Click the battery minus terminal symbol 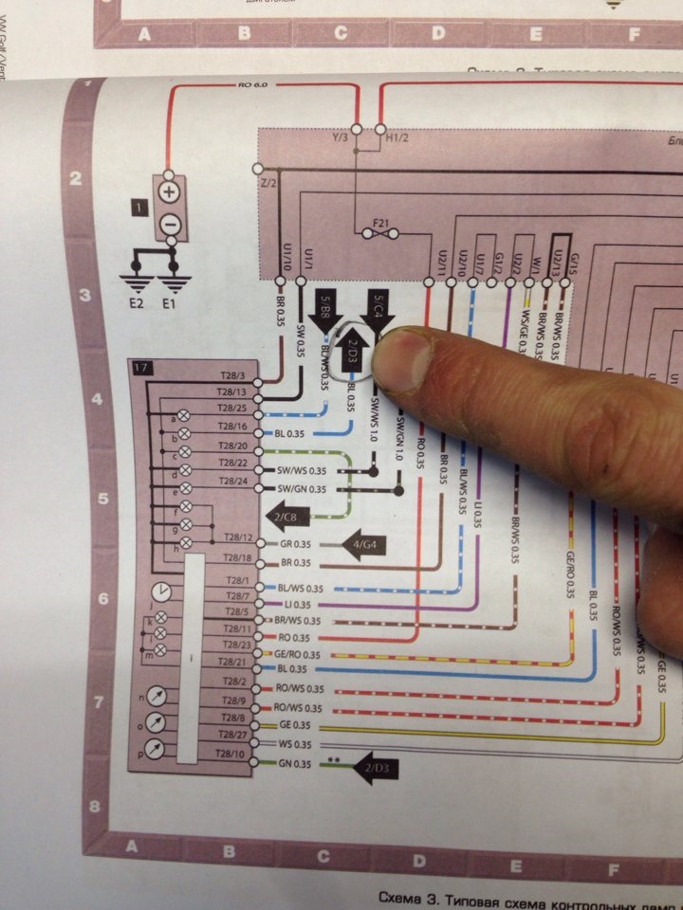(x=169, y=224)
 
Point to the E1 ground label (x=169, y=304)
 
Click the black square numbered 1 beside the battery (x=139, y=204)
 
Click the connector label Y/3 (x=341, y=137)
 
